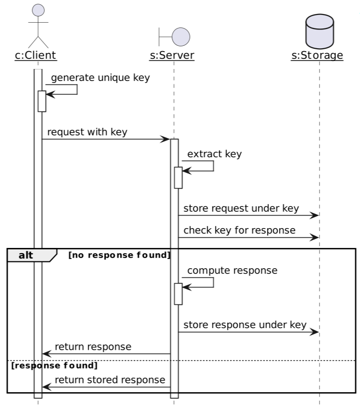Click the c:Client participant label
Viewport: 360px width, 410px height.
coord(36,55)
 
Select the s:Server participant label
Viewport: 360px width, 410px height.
coord(172,55)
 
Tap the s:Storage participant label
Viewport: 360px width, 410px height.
coord(317,55)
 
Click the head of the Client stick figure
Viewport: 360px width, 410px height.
coord(38,10)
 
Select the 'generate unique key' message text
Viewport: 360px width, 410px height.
coord(100,78)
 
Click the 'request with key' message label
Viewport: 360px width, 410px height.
coord(87,132)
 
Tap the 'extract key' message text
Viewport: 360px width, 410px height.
coord(214,154)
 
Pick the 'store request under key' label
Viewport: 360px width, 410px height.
coord(241,208)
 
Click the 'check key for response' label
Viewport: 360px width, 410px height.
coord(240,230)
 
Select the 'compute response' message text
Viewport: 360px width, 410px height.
coord(232,270)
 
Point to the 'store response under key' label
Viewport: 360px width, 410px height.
coord(245,325)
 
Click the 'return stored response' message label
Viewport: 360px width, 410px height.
coord(110,380)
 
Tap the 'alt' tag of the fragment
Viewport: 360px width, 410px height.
coord(26,255)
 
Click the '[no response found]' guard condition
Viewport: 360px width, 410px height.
coord(120,255)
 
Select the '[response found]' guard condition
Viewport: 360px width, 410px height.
coord(54,365)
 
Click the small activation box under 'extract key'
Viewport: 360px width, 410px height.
coord(178,178)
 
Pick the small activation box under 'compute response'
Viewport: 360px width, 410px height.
coord(178,294)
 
